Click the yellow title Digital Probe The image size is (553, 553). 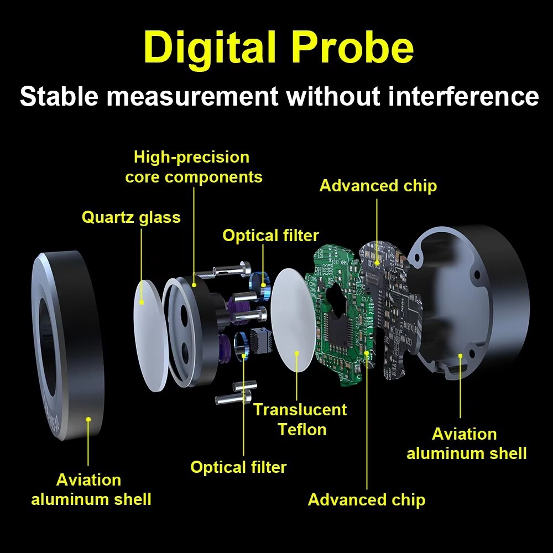click(x=279, y=48)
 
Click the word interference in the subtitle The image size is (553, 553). click(x=463, y=96)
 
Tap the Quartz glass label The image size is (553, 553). click(x=131, y=217)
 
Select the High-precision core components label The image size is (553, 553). click(x=194, y=167)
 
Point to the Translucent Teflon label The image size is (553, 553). click(x=300, y=420)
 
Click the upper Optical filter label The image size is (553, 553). click(x=270, y=235)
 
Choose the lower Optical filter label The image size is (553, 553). click(x=238, y=467)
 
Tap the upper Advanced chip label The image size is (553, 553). click(x=378, y=186)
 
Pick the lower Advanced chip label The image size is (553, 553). click(x=367, y=500)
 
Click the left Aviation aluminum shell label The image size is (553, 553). click(x=91, y=489)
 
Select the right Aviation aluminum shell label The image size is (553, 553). click(x=467, y=444)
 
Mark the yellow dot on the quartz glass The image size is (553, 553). click(x=142, y=302)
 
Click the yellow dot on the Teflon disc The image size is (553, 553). click(x=297, y=353)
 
